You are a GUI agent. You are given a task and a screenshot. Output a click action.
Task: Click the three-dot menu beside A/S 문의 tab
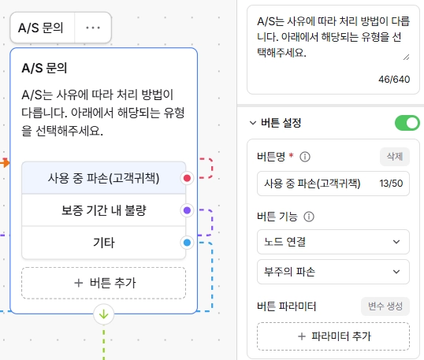(93, 28)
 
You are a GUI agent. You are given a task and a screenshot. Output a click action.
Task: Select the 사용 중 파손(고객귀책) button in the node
(103, 178)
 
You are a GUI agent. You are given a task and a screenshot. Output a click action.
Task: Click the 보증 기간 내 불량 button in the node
(103, 210)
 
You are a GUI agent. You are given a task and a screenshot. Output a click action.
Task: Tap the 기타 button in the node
(103, 243)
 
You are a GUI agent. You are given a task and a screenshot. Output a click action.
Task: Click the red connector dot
(187, 178)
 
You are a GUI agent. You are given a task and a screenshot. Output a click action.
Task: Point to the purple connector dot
(187, 210)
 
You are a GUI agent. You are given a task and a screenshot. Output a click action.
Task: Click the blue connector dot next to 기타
(187, 243)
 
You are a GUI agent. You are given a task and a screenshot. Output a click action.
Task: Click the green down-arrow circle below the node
(103, 314)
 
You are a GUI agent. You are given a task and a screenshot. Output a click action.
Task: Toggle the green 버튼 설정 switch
(407, 123)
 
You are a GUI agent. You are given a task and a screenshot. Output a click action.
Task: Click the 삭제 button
(395, 157)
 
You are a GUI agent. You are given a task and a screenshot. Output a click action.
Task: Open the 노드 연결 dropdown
(333, 242)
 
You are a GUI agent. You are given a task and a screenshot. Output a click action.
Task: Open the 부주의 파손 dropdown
(333, 272)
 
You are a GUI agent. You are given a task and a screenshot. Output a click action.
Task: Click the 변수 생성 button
(385, 306)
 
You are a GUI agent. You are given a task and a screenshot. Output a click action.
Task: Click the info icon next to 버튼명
(305, 157)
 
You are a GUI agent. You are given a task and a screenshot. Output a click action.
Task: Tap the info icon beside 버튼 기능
(309, 217)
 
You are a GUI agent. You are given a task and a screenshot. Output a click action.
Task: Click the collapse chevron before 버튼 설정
(252, 123)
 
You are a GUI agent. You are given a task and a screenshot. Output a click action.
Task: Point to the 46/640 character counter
(394, 80)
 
